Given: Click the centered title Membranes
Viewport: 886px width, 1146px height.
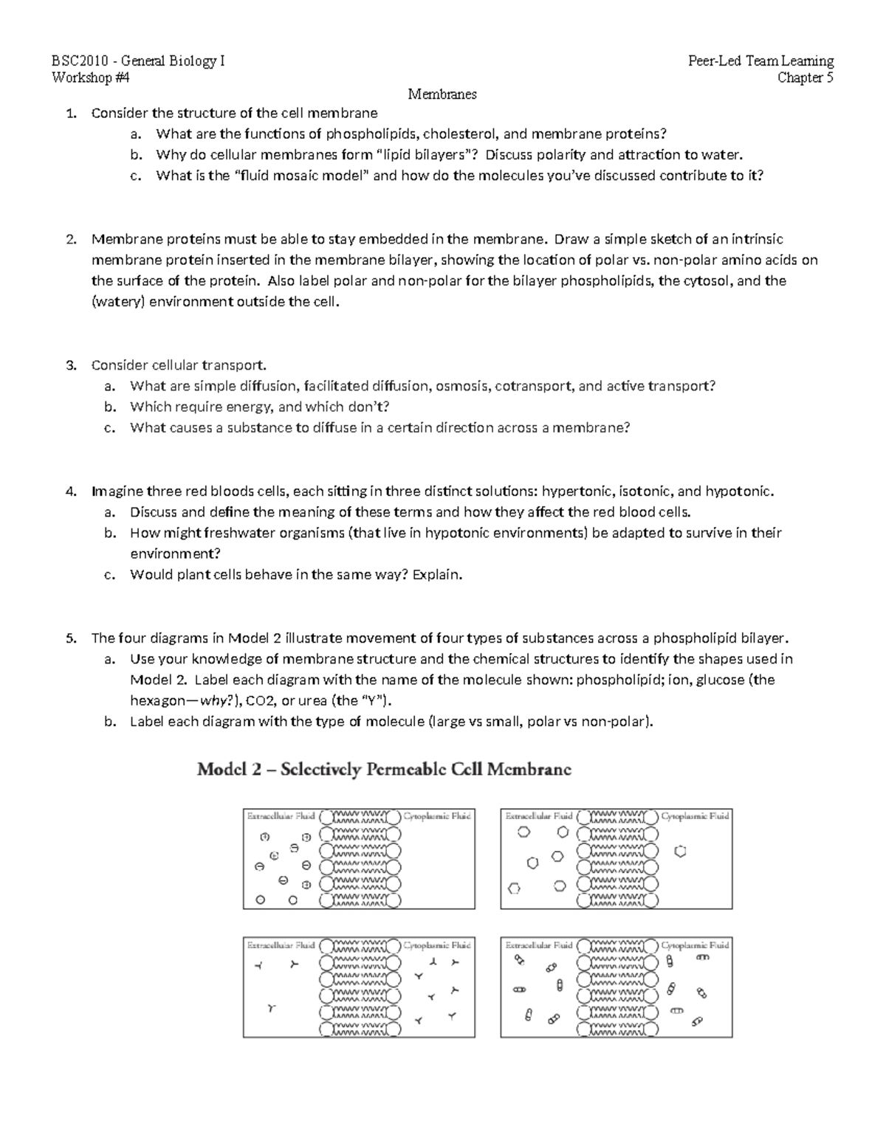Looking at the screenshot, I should point(442,94).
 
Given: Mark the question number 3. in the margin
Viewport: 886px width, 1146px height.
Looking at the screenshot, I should point(71,365).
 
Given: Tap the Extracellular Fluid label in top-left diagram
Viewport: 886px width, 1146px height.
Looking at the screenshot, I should point(281,816).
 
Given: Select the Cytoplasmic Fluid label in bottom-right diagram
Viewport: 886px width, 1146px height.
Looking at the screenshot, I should point(695,945).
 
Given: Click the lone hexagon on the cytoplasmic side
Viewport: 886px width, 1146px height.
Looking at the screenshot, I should point(681,852).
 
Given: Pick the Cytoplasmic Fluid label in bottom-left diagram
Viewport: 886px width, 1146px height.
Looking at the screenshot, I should point(437,945).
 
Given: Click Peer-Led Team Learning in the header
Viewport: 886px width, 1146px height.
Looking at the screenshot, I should point(760,61).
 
